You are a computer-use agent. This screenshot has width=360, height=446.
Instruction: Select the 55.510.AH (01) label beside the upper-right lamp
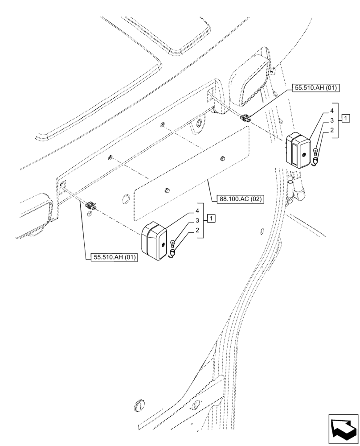pos(315,88)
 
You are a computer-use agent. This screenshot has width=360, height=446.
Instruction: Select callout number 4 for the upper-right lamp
pos(332,110)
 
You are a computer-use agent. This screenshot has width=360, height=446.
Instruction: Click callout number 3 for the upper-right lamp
pos(332,120)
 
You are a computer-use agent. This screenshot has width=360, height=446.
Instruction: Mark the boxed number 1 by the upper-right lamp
pos(346,118)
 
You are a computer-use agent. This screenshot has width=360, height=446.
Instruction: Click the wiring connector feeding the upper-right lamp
pos(245,118)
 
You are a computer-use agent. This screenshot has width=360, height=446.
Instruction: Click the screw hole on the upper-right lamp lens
pos(303,154)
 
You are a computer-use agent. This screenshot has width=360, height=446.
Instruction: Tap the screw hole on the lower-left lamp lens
pos(161,244)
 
